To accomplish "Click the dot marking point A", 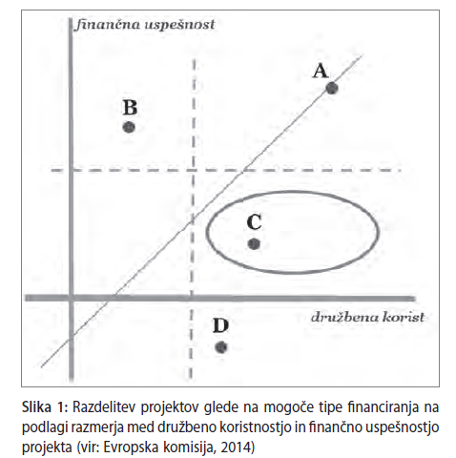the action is [x=332, y=88].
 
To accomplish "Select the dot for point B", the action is [x=129, y=127].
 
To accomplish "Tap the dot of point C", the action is [x=254, y=244].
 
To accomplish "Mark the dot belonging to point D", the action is [x=221, y=347].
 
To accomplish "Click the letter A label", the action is [x=321, y=71].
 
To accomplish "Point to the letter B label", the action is [x=130, y=108].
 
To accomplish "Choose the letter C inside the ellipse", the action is [x=254, y=222].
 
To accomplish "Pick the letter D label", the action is [x=220, y=325].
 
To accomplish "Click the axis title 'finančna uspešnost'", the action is [x=145, y=25].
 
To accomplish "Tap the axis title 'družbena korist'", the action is [x=367, y=317].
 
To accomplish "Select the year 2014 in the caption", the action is [x=236, y=448].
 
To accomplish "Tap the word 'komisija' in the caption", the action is [x=189, y=448].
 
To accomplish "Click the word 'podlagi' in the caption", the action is [x=40, y=427].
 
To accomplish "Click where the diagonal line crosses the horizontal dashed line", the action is [x=243, y=170].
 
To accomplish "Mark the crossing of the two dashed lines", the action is [x=194, y=170].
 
